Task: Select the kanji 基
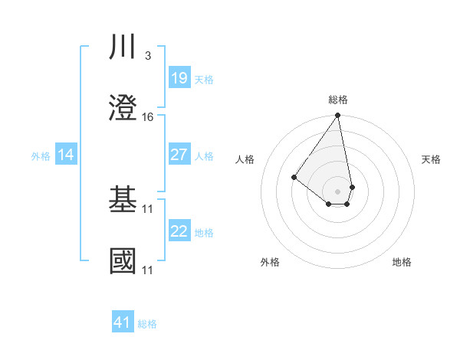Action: pyautogui.click(x=123, y=200)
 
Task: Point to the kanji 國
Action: pyautogui.click(x=123, y=261)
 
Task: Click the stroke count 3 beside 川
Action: pyautogui.click(x=147, y=56)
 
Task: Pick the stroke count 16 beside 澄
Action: pyautogui.click(x=148, y=117)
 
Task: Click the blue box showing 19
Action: pyautogui.click(x=179, y=78)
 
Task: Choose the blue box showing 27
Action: pyautogui.click(x=179, y=155)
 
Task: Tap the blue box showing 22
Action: pyautogui.click(x=179, y=231)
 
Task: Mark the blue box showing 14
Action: pyautogui.click(x=66, y=155)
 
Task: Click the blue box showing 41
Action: pyautogui.click(x=123, y=322)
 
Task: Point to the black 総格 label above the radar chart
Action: pyautogui.click(x=338, y=100)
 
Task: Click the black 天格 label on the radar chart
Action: pyautogui.click(x=432, y=159)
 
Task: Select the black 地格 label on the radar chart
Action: pyautogui.click(x=402, y=262)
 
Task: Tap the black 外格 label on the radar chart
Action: pyautogui.click(x=270, y=262)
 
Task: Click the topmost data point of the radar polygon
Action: pyautogui.click(x=338, y=116)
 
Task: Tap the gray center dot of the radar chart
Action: pyautogui.click(x=338, y=191)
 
